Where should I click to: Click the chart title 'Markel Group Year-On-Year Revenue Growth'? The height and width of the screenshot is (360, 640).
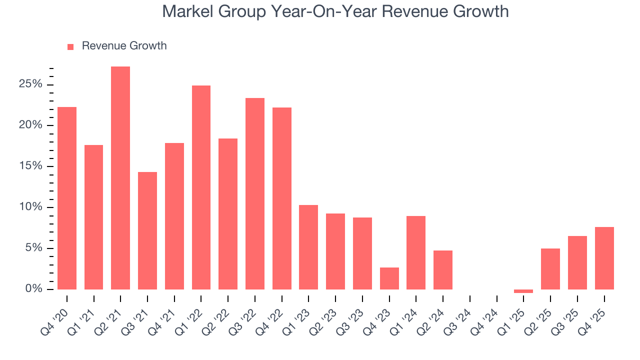coord(335,11)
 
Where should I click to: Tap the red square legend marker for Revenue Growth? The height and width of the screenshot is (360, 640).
coord(70,46)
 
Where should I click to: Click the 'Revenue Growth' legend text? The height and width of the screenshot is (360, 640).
coord(124,46)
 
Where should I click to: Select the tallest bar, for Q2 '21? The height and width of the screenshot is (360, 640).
coord(120,178)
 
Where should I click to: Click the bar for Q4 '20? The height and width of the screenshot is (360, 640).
coord(67,198)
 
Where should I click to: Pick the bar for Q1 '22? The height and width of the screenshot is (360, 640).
coord(201,187)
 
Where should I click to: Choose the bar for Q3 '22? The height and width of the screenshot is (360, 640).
coord(255,193)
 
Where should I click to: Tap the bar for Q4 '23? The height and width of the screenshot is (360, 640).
coord(389,278)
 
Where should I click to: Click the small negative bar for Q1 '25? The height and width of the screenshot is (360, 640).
coord(523,291)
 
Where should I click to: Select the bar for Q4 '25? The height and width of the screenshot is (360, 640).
coord(604,258)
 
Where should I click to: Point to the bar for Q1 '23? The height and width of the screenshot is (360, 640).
coord(308,247)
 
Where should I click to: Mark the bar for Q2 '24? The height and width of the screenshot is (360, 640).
coord(443,270)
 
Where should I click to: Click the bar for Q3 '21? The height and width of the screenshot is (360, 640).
coord(147,230)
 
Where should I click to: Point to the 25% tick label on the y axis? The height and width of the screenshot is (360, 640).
coord(30,84)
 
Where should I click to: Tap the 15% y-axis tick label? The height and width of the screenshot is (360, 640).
coord(30,166)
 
